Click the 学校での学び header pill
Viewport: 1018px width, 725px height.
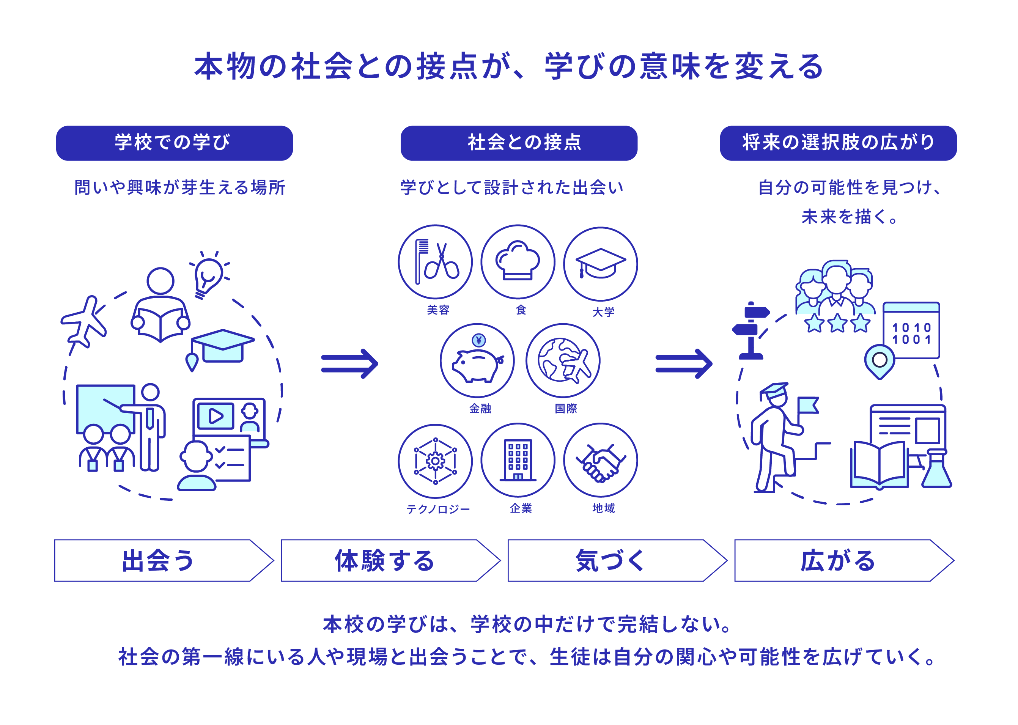[174, 143]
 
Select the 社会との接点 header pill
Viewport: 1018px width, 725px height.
[518, 143]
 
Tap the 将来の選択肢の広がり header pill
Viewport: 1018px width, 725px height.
[838, 143]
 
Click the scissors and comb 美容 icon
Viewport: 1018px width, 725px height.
[435, 262]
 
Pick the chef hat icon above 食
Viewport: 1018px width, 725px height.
[518, 262]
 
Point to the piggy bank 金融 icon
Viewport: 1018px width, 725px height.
[477, 360]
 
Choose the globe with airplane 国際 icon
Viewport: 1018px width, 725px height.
[563, 360]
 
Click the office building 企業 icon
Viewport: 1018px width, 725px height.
[518, 460]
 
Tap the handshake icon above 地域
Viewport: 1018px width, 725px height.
[600, 460]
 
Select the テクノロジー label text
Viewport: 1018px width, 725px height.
[437, 509]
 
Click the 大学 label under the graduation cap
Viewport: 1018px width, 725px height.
[603, 311]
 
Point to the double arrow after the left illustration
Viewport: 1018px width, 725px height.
[349, 363]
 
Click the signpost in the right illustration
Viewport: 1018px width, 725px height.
[751, 330]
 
